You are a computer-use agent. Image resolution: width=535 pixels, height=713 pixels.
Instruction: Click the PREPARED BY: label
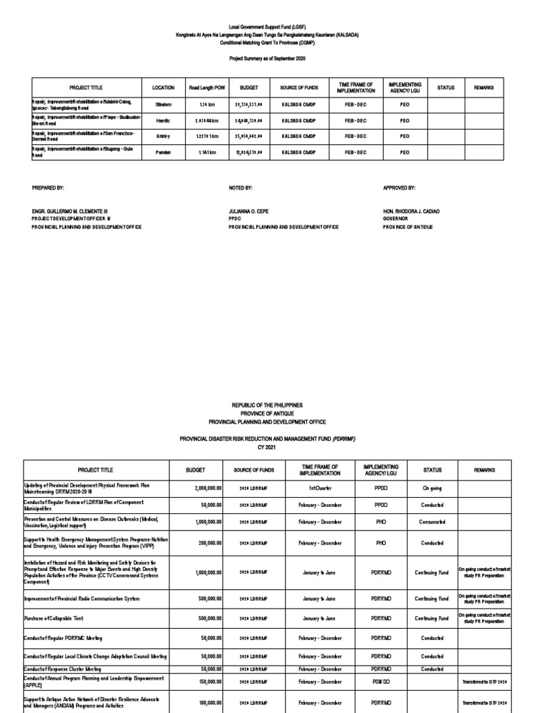tap(48, 188)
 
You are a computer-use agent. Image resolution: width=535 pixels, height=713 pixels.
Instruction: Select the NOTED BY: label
tap(240, 188)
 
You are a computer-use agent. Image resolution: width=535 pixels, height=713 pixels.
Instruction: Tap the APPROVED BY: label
tap(399, 188)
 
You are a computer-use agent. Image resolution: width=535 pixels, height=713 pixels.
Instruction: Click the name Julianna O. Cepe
tap(248, 210)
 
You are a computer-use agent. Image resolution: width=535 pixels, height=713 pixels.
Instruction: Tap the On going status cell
tap(432, 489)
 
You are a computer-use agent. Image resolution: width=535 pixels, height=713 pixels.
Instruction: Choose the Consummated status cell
tap(432, 521)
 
